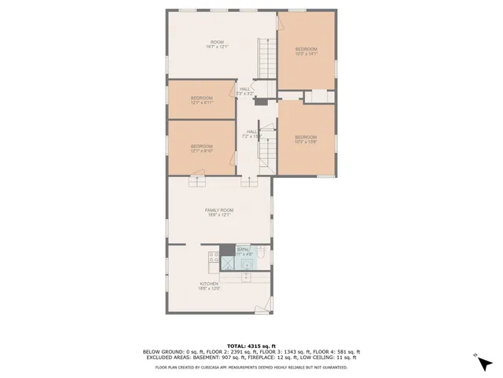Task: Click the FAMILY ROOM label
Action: point(219,212)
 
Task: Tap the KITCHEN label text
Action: point(208,286)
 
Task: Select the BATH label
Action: point(243,251)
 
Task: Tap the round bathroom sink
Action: point(248,265)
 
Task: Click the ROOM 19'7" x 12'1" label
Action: point(218,44)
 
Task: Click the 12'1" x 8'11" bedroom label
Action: point(201,100)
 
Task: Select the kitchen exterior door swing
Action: point(267,306)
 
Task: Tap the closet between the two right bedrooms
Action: point(318,96)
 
